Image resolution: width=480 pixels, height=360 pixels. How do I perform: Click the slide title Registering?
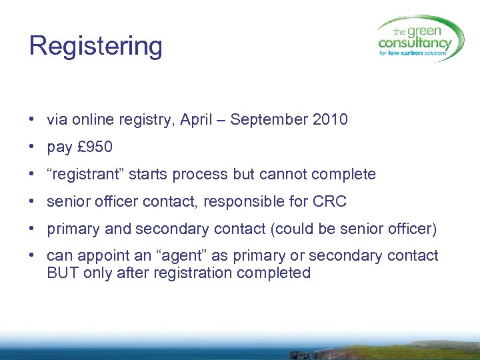point(96,47)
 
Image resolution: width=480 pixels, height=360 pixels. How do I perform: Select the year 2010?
point(330,120)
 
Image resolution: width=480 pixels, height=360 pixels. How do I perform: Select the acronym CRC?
point(329,202)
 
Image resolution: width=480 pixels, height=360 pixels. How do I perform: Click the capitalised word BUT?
point(63,273)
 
